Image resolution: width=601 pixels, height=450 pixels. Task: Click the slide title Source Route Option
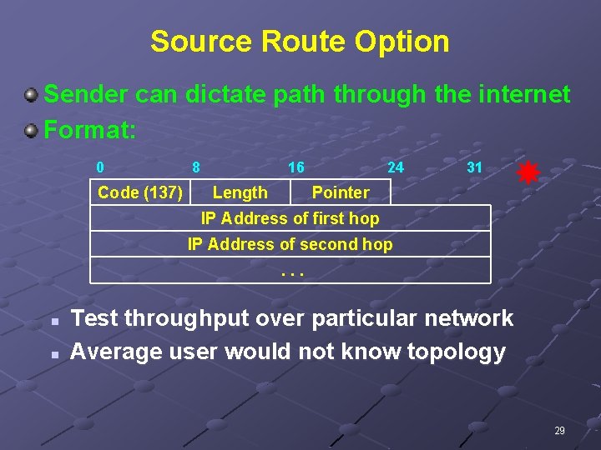point(300,41)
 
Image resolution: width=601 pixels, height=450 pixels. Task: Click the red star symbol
point(528,172)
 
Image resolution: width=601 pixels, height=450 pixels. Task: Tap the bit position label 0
point(100,167)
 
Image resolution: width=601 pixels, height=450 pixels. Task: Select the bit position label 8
point(195,167)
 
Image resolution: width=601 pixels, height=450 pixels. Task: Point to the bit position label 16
point(295,167)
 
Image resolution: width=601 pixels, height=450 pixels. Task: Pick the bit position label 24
point(396,167)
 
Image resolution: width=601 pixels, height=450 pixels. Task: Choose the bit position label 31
point(474,167)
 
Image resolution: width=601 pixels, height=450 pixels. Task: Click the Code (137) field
point(140,192)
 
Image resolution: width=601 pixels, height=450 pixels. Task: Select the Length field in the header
point(240,192)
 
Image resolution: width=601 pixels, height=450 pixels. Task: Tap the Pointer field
point(341,192)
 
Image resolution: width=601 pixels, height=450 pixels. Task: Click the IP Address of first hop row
point(290,218)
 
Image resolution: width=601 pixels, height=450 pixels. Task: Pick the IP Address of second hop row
point(290,244)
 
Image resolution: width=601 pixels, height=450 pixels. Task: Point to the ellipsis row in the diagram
point(290,270)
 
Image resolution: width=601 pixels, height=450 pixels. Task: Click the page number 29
point(559,431)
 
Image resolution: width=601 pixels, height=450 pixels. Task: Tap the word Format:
point(89,131)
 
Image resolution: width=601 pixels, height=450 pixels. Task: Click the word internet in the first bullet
point(518,94)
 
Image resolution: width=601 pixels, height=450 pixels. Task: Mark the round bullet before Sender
point(31,96)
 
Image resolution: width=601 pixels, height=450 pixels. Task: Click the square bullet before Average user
point(52,354)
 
